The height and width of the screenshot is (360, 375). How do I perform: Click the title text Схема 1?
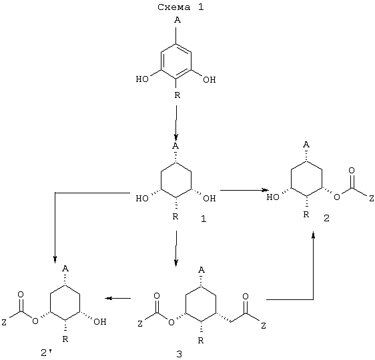(181, 7)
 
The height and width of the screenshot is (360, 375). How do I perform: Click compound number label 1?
(204, 219)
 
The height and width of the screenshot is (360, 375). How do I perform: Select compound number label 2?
(326, 218)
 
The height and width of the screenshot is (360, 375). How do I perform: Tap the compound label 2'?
(47, 353)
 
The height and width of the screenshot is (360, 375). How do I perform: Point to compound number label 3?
(179, 354)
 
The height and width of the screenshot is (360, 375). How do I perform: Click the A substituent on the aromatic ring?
(177, 20)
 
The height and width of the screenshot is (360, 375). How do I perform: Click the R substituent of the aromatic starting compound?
(177, 95)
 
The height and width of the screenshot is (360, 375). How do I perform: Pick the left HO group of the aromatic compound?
(142, 79)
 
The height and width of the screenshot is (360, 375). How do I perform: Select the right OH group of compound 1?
(210, 198)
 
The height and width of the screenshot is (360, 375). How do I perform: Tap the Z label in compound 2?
(371, 198)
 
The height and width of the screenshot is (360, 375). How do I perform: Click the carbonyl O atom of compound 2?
(352, 171)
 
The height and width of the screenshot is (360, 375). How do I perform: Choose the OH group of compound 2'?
(99, 322)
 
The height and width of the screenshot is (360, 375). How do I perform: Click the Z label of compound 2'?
(4, 323)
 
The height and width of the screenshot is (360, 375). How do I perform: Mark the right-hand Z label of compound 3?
(264, 325)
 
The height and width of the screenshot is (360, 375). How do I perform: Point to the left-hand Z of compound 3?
(140, 324)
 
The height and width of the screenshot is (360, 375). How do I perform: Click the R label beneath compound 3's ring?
(201, 341)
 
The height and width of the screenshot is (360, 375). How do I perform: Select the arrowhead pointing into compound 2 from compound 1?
(265, 190)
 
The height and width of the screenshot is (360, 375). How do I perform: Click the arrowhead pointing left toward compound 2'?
(109, 298)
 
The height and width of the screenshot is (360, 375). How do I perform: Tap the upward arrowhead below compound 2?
(314, 235)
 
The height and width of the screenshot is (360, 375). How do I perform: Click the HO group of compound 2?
(273, 197)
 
